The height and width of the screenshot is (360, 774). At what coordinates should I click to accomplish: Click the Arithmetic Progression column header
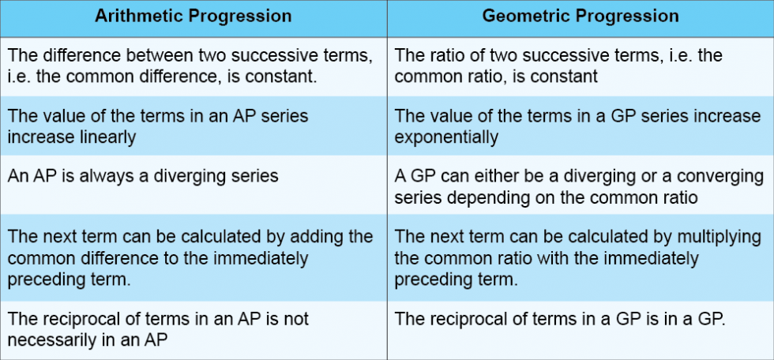point(193,16)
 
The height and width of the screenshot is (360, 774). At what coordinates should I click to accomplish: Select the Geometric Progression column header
point(580,16)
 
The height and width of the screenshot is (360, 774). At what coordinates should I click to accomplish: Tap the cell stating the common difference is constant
point(193,66)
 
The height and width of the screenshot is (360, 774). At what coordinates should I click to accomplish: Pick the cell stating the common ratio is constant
point(580,66)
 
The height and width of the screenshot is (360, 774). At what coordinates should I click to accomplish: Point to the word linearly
point(105,137)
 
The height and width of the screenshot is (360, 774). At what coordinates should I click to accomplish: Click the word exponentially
point(446,137)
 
